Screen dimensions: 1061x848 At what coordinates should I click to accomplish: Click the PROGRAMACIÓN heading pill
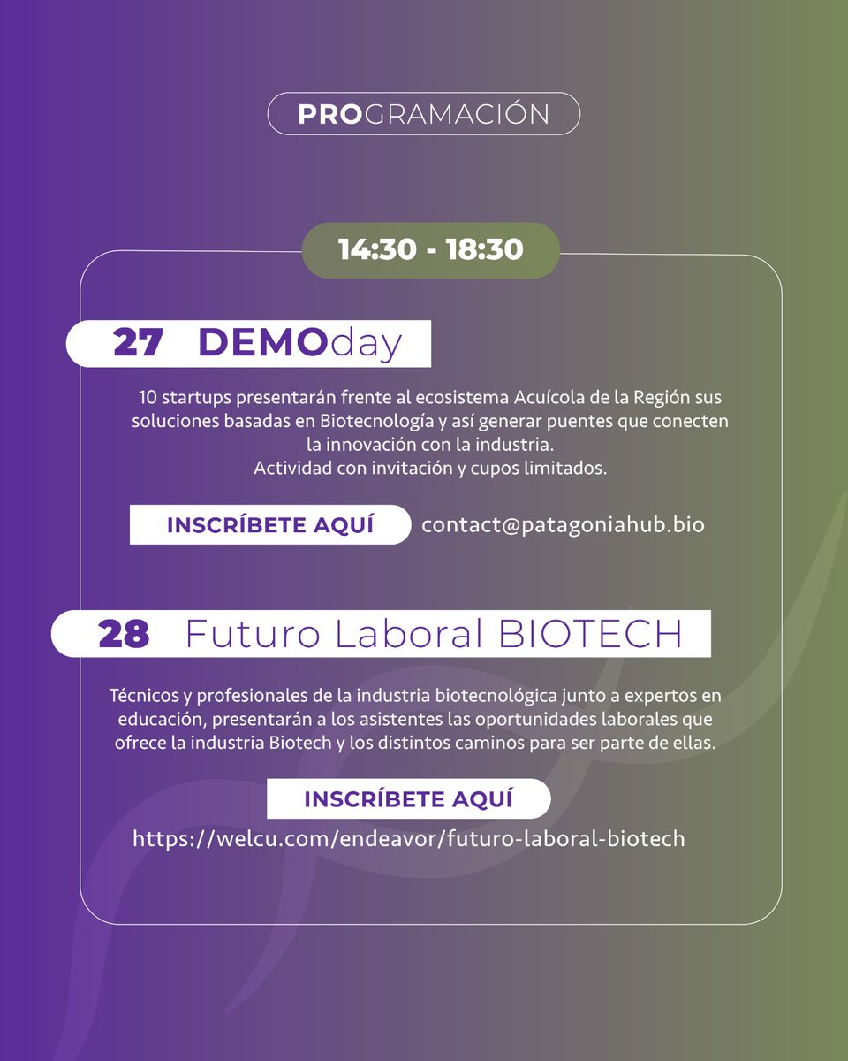pos(424,115)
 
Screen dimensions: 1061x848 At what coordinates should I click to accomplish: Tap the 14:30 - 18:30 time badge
pos(431,250)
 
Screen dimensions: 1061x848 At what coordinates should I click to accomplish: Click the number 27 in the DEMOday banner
pos(138,344)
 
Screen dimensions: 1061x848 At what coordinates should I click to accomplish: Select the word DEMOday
pos(299,344)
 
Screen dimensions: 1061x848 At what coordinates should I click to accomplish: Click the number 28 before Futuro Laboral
pos(124,634)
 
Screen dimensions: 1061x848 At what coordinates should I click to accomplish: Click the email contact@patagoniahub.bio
pos(563,524)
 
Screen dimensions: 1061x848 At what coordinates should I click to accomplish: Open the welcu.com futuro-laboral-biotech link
pos(408,838)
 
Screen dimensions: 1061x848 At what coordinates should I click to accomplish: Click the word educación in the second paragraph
pos(151,720)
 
